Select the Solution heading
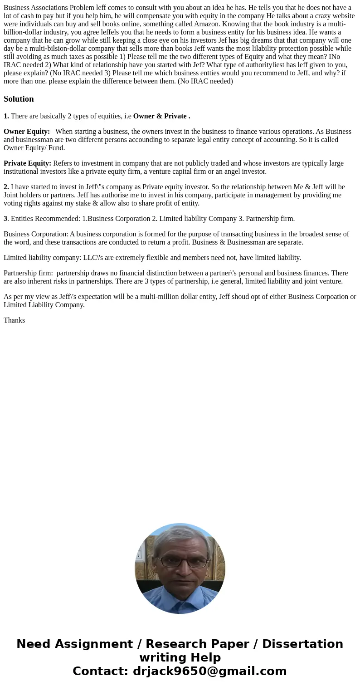pyautogui.click(x=19, y=99)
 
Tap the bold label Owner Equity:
pyautogui.click(x=27, y=132)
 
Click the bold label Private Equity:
pyautogui.click(x=27, y=163)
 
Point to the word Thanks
pyautogui.click(x=14, y=320)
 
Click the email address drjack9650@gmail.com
pyautogui.click(x=209, y=671)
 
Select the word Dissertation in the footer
pyautogui.click(x=302, y=644)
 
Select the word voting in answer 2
pyautogui.click(x=13, y=203)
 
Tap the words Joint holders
pyautogui.click(x=22, y=195)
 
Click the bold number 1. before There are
pyautogui.click(x=6, y=116)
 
